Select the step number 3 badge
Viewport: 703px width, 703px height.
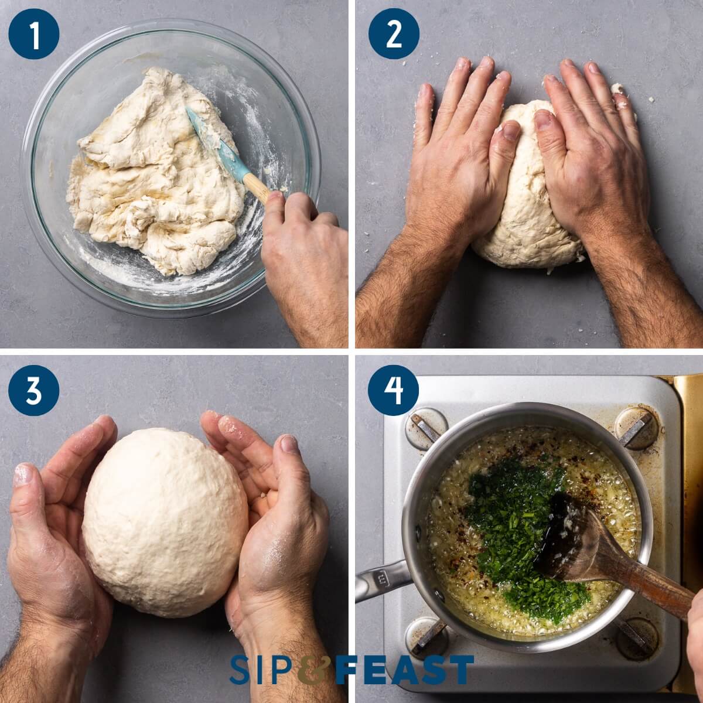(x=34, y=390)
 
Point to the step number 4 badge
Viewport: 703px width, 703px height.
(x=394, y=390)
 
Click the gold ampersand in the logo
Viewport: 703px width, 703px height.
(x=316, y=670)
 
